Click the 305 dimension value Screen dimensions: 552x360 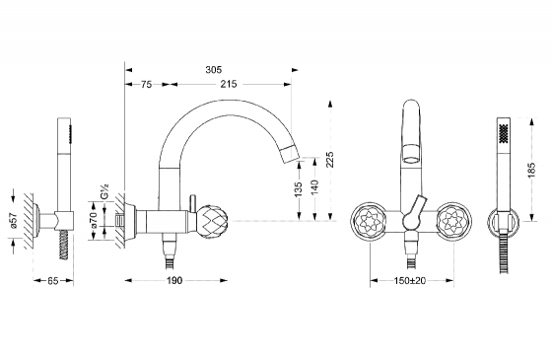coord(214,70)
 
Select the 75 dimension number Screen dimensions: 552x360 coord(146,84)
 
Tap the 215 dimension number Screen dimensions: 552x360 coord(229,84)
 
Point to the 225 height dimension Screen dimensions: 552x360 coord(329,160)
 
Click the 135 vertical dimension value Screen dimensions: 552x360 coord(298,189)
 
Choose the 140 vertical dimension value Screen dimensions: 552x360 coord(314,187)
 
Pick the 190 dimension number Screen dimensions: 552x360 coord(174,280)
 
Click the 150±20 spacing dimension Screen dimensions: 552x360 coord(410,280)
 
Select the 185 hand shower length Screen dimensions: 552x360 coord(531,170)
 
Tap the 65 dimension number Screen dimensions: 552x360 coord(52,281)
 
